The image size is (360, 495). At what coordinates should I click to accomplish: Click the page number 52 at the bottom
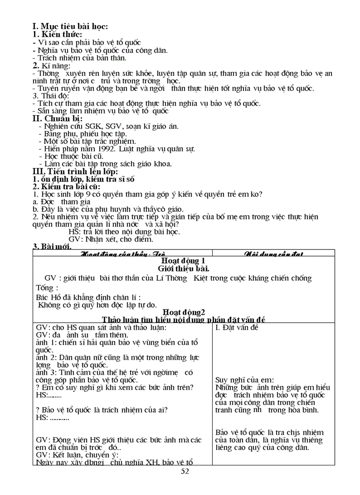[185, 472]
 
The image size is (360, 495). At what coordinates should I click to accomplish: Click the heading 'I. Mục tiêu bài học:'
[71, 27]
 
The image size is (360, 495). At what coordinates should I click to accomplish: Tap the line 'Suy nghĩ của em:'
[244, 380]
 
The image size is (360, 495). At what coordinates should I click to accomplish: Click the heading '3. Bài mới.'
[52, 246]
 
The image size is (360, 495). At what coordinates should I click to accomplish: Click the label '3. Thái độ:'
[51, 96]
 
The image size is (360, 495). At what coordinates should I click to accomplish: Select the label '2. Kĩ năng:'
[52, 65]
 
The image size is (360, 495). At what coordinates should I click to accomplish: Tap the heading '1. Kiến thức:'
[57, 34]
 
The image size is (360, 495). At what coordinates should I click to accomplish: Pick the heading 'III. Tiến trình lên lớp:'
[75, 171]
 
